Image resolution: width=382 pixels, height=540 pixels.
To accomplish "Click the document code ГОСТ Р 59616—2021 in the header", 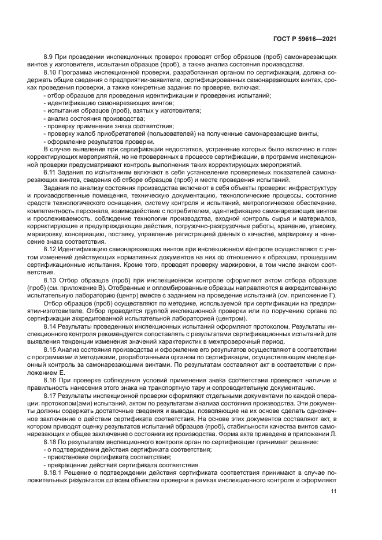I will pos(306,39).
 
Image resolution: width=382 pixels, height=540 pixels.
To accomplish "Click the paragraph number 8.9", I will pos(50,57).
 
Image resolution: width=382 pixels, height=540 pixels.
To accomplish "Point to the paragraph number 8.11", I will pos(51,173).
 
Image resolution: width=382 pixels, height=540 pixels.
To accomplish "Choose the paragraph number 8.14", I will pos(51,326).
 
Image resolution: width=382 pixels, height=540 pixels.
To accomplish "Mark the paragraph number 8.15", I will pos(51,349).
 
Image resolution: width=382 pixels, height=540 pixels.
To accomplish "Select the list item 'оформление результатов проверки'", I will pos(99,141).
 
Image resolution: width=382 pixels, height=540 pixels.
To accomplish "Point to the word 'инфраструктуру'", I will pos(311,188).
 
